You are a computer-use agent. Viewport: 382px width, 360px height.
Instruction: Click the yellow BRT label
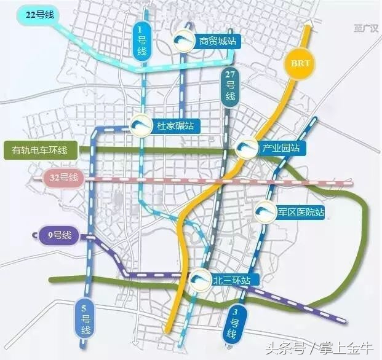click(x=300, y=63)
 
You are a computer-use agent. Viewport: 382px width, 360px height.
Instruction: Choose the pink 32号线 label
click(x=64, y=178)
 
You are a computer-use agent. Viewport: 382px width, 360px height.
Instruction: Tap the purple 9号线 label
click(x=56, y=235)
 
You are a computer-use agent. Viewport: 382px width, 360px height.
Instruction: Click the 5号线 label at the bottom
click(x=84, y=319)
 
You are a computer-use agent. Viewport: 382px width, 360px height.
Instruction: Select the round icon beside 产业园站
click(x=247, y=148)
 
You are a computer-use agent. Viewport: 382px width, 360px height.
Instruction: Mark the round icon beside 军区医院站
click(x=264, y=212)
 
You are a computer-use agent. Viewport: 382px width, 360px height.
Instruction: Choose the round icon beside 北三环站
click(x=198, y=280)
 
